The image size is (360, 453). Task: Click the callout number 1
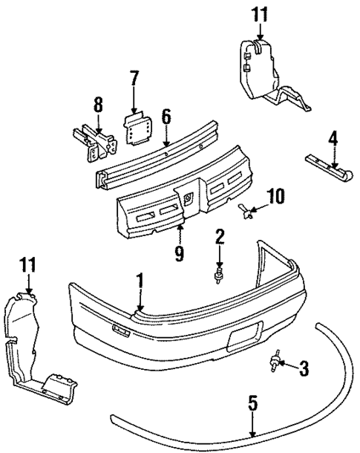pos(138,283)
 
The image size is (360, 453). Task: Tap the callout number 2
pos(220,238)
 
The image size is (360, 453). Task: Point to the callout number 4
pos(333,137)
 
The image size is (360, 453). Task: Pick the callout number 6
pos(166,116)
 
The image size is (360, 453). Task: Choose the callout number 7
pos(134,78)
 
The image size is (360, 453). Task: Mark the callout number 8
pos(98,106)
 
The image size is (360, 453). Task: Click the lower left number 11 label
pos(28,264)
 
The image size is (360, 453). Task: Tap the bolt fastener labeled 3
pos(277,363)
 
